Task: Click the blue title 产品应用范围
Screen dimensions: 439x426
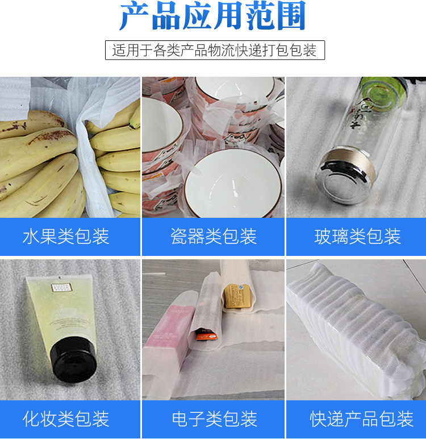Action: click(212, 17)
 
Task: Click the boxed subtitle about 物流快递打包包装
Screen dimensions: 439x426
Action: click(215, 50)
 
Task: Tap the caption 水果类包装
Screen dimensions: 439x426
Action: click(66, 237)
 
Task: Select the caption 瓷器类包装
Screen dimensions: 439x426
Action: click(214, 237)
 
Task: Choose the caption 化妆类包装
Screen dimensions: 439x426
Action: click(66, 419)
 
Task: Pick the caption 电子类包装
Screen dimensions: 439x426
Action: click(214, 419)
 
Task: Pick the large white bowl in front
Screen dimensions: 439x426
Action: click(229, 182)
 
